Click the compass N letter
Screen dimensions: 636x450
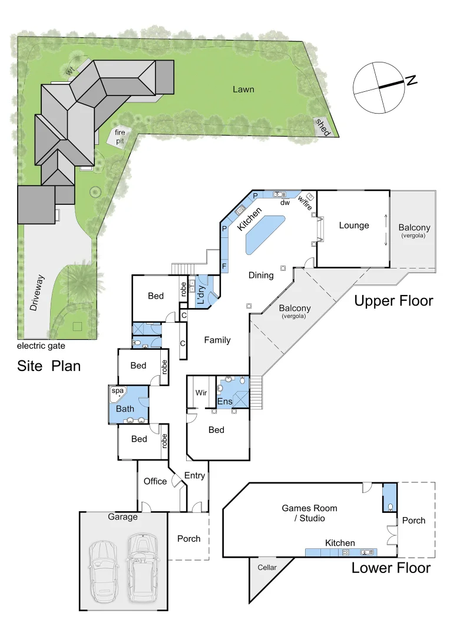tap(411, 81)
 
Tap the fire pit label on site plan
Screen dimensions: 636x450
tap(120, 138)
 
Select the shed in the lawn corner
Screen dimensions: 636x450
tap(322, 127)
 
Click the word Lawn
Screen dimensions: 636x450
tap(243, 90)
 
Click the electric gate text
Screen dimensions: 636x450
tap(41, 346)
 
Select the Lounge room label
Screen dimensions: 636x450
tap(354, 225)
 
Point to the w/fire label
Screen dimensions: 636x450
tap(305, 200)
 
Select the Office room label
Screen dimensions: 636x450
tap(155, 481)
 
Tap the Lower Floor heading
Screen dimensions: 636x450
tap(391, 568)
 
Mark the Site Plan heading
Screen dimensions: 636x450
tap(49, 366)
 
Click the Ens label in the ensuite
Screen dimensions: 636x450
tap(224, 402)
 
